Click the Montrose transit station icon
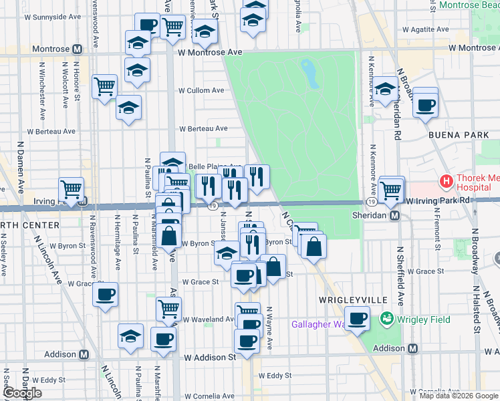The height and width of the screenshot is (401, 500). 78,49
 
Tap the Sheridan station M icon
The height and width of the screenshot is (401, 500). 395,216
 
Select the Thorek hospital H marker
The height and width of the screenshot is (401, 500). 446,181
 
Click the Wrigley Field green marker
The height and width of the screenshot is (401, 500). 386,319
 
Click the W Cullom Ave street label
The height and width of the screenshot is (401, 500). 201,90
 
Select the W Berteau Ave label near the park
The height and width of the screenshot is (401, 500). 203,128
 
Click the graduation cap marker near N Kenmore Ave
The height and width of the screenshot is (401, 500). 385,89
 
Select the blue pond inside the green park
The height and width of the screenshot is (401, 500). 309,74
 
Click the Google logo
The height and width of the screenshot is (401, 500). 22,394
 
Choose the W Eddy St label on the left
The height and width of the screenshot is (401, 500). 44,380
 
